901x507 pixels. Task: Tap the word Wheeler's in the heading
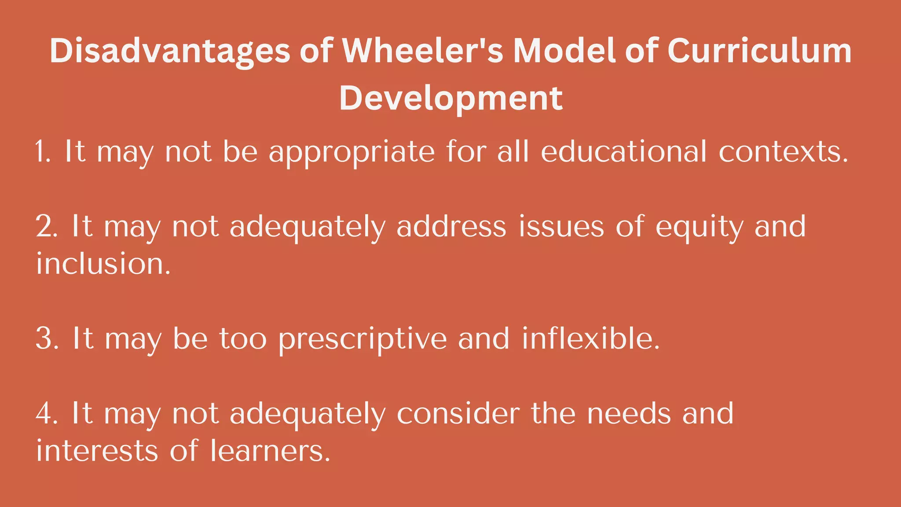pyautogui.click(x=422, y=51)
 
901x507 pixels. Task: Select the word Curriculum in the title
pyautogui.click(x=759, y=51)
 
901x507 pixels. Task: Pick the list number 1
pyautogui.click(x=43, y=151)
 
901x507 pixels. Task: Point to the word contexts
pyautogui.click(x=783, y=151)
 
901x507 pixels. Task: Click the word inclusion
pyautogui.click(x=103, y=264)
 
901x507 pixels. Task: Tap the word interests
pyautogui.click(x=97, y=451)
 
